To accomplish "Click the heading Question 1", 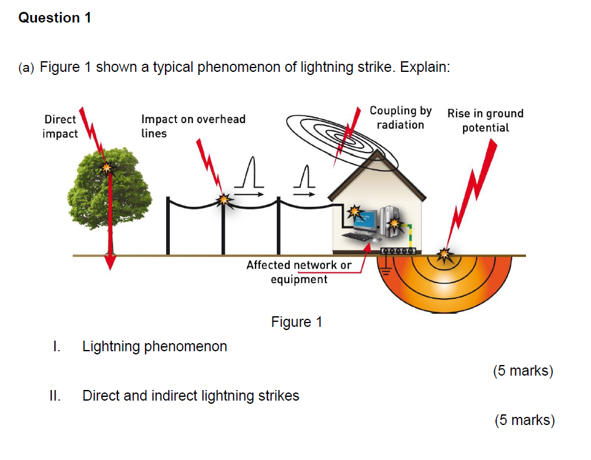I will click(x=55, y=18).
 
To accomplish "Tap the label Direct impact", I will click(x=60, y=126).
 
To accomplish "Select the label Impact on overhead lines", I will click(x=193, y=126).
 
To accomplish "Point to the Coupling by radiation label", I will click(x=400, y=117).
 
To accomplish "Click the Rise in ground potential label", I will click(x=485, y=120).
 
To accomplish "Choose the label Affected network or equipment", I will click(x=299, y=272).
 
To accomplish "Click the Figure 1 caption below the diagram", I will click(x=297, y=322).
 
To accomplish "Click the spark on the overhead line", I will click(x=223, y=199).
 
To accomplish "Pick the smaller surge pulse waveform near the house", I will click(x=304, y=178).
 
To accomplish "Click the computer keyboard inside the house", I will click(x=358, y=237).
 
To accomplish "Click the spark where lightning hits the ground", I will click(x=444, y=254).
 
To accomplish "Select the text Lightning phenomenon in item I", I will click(x=154, y=346).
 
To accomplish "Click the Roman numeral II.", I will click(x=55, y=396).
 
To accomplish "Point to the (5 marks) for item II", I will click(x=524, y=420).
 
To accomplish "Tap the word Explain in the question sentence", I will click(x=424, y=67).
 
